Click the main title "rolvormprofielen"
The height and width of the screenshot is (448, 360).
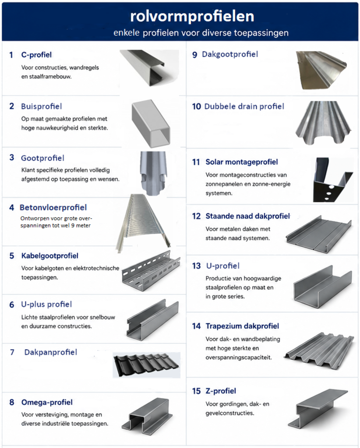(192, 16)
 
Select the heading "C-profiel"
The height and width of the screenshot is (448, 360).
(36, 55)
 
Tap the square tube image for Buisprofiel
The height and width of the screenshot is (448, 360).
(151, 123)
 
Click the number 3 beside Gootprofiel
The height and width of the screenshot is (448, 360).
(12, 157)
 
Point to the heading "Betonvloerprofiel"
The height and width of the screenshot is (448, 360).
(53, 207)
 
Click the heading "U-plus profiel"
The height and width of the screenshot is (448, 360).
(46, 304)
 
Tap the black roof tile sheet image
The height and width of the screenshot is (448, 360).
(146, 365)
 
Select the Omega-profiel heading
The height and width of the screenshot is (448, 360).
(47, 402)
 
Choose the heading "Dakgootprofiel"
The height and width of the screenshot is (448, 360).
(230, 55)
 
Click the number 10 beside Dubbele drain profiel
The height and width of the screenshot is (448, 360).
(197, 107)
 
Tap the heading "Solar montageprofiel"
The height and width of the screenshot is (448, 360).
(242, 162)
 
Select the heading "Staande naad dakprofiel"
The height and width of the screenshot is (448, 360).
(247, 216)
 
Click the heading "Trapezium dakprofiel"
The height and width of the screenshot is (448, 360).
(242, 326)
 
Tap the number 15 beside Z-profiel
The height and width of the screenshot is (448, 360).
(197, 391)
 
